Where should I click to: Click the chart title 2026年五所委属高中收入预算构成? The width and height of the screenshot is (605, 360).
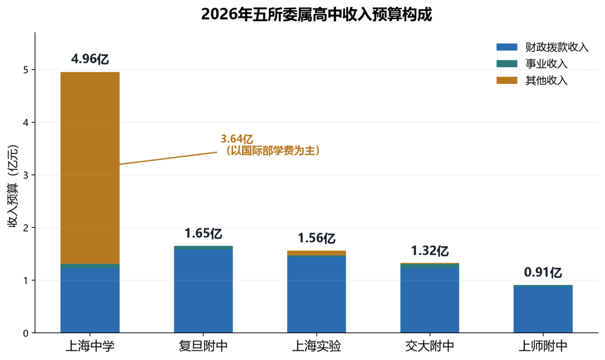point(317,14)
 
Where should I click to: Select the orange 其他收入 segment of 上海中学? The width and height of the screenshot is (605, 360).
point(90,167)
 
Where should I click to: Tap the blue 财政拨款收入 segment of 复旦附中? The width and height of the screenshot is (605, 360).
point(203,291)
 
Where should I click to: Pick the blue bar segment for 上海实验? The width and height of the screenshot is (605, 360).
point(317,294)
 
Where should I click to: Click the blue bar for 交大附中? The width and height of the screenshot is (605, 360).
point(430,300)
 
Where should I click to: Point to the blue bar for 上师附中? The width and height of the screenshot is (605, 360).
point(543,310)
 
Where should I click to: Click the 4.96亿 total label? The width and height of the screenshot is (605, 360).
point(90,59)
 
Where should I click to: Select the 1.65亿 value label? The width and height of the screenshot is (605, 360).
point(203,233)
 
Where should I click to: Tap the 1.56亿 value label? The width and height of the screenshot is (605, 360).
point(317,238)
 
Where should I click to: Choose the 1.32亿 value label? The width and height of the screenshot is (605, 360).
point(430,251)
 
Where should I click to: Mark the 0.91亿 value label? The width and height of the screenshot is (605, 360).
point(543,273)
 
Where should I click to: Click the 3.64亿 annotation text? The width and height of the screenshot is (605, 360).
point(237,139)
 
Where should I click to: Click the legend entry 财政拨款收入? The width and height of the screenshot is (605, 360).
point(542,47)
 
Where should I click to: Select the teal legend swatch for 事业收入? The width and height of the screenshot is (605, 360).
point(506,64)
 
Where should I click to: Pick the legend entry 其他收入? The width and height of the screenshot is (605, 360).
point(532,80)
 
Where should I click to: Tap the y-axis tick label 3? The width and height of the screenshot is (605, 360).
point(26,175)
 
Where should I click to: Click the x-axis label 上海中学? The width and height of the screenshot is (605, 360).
point(90,346)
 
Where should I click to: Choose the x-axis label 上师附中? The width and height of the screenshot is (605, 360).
point(543,346)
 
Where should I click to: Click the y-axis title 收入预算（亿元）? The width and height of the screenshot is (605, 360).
point(13,186)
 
